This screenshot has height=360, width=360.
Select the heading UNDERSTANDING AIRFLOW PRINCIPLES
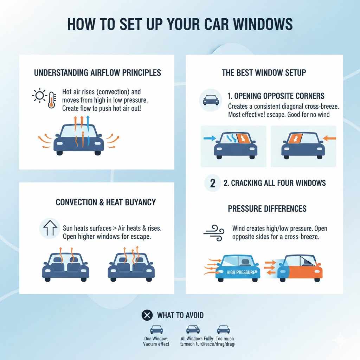pos(97,73)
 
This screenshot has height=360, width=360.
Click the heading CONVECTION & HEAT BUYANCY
pos(106,202)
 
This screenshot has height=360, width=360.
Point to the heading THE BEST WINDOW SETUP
pos(264,73)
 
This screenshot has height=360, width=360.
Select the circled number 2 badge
pos(212,183)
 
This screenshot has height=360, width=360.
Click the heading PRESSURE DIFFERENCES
pos(267,208)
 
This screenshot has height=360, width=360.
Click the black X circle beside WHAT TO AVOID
pos(147,315)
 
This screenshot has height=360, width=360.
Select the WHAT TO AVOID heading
pos(180,315)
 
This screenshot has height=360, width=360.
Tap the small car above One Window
pos(156,329)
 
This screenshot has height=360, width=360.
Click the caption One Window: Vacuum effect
pos(156,341)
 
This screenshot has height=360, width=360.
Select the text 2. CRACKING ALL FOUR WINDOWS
pos(275,183)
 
